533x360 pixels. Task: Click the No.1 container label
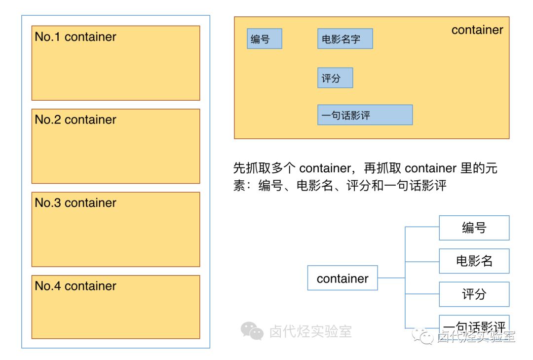(x=76, y=37)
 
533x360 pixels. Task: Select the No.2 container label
(x=76, y=120)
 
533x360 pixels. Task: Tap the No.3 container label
(x=76, y=203)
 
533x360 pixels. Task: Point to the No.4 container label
(x=76, y=286)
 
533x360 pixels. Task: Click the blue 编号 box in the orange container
(x=264, y=39)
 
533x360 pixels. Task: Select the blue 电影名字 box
(x=344, y=39)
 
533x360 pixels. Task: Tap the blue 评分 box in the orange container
(x=335, y=78)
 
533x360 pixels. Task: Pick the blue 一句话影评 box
(x=364, y=115)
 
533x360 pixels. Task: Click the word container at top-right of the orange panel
(x=477, y=30)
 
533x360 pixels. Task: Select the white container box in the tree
(x=342, y=278)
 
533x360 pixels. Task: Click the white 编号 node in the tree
(x=474, y=228)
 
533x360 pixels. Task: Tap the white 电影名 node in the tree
(x=474, y=261)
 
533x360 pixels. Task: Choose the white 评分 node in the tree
(x=474, y=294)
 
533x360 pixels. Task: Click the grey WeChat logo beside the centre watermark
(x=252, y=331)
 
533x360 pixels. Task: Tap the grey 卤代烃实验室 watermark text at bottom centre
(x=310, y=331)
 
